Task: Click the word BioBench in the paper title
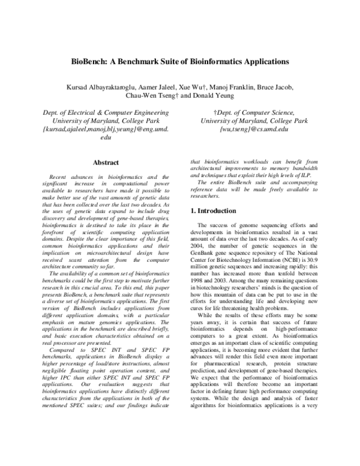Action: [x=91, y=61]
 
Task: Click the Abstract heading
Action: [x=106, y=162]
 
